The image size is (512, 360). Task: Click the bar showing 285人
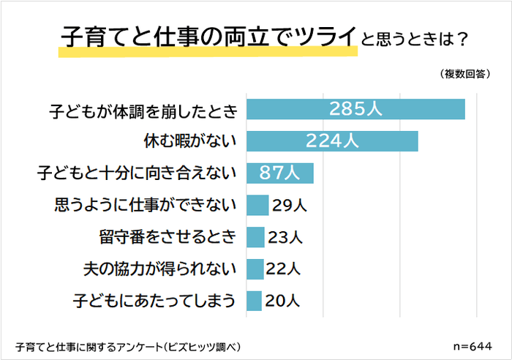click(355, 109)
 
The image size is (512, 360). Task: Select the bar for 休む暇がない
click(332, 141)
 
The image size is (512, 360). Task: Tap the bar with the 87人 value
click(280, 173)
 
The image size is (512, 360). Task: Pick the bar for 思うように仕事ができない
click(257, 206)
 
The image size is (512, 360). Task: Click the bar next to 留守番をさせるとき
click(255, 237)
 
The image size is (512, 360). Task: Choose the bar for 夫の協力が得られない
click(255, 269)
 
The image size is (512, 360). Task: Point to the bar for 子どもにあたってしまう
click(254, 301)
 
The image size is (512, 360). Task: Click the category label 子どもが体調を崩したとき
click(144, 110)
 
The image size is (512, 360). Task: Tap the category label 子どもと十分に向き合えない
click(138, 174)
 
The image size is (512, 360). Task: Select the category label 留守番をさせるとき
click(169, 237)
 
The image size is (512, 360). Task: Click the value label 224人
click(332, 141)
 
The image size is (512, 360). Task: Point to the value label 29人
click(289, 206)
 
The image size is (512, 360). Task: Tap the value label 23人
click(285, 237)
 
